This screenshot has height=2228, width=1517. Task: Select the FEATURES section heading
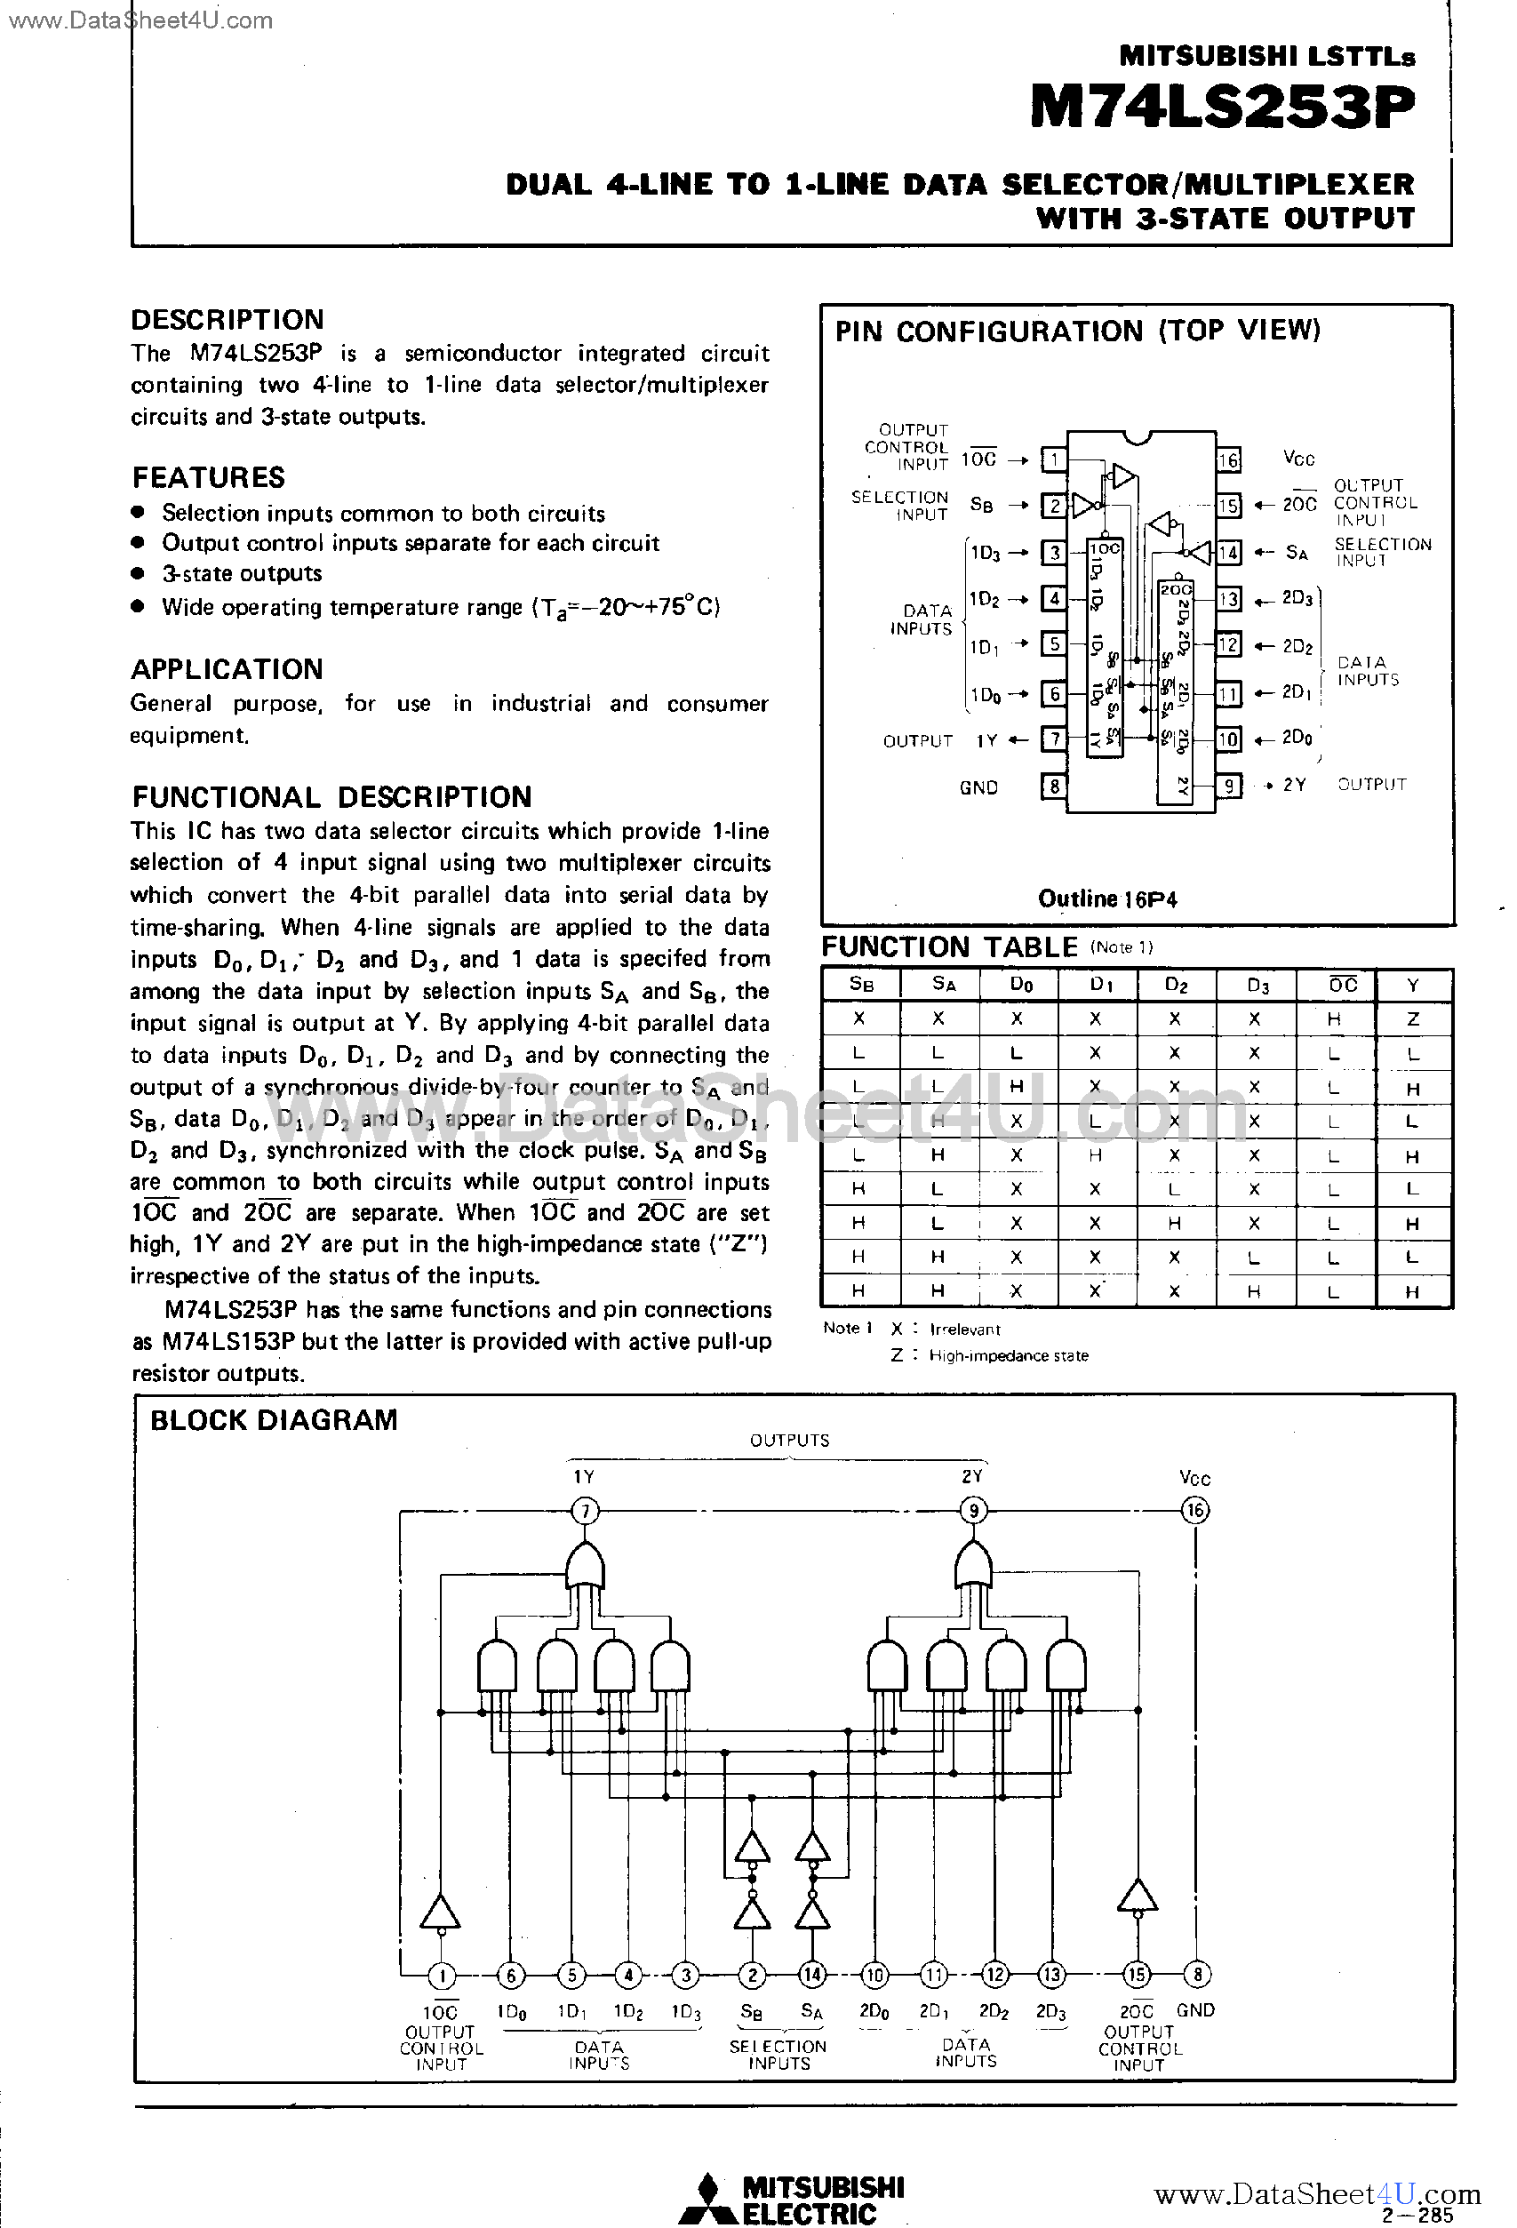pyautogui.click(x=208, y=477)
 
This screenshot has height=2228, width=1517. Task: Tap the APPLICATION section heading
pyautogui.click(x=228, y=669)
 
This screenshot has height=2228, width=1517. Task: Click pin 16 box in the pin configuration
pyautogui.click(x=1228, y=460)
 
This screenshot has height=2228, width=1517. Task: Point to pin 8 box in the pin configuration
pyautogui.click(x=1054, y=787)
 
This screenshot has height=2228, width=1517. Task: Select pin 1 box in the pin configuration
pyautogui.click(x=1054, y=460)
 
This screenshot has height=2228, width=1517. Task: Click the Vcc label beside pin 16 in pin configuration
pyautogui.click(x=1298, y=459)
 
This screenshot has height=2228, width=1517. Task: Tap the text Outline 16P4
pyautogui.click(x=1107, y=899)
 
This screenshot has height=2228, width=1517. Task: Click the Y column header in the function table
pyautogui.click(x=1412, y=986)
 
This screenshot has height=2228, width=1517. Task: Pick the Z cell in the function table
pyautogui.click(x=1412, y=1019)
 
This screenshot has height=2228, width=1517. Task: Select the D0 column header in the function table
pyautogui.click(x=1020, y=986)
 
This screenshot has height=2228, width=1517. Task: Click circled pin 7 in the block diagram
pyautogui.click(x=585, y=1512)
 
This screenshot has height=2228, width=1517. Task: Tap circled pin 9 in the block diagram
pyautogui.click(x=973, y=1512)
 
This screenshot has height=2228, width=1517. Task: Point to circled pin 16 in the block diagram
pyautogui.click(x=1194, y=1511)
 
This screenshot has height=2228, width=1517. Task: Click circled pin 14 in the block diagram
pyautogui.click(x=812, y=1975)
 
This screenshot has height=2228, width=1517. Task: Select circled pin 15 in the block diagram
pyautogui.click(x=1138, y=1975)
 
